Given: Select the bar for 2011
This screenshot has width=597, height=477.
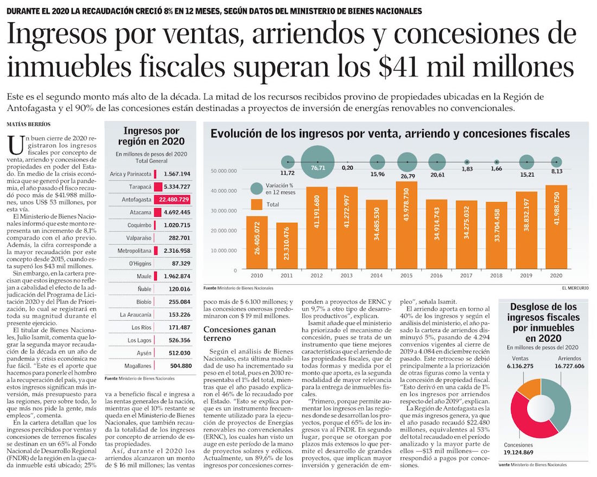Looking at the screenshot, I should [287, 245].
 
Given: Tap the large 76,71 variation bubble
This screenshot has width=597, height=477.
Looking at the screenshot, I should [317, 162].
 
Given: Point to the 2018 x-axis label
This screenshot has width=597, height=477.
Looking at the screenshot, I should [496, 275].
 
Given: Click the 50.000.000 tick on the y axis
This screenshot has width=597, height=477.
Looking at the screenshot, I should [223, 171].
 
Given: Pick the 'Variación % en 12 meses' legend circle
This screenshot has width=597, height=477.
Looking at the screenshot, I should [257, 189].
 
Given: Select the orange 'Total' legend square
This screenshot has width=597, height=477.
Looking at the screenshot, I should [257, 204].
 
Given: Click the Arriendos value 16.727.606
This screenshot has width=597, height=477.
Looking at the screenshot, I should [564, 367].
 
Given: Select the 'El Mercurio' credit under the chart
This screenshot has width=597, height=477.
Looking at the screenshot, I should [574, 287].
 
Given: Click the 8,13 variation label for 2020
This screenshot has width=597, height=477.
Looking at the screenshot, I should [556, 172].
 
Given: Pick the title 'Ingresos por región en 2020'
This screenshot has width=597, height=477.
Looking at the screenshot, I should [151, 136].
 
